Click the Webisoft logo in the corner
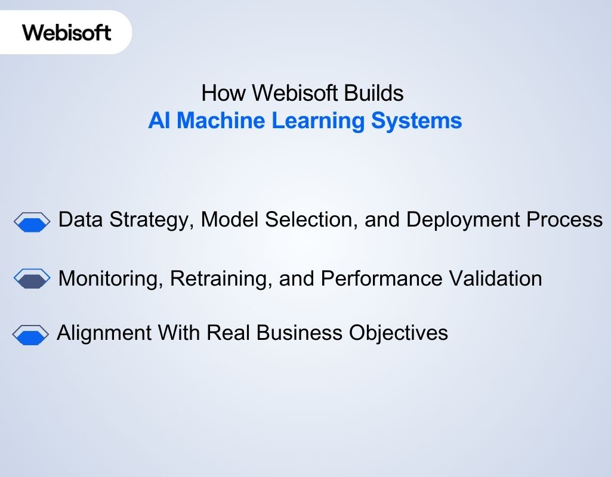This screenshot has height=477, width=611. (67, 32)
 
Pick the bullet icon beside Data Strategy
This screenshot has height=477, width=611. (32, 221)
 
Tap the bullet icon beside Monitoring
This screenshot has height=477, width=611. (32, 278)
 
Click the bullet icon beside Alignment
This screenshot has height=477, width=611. (30, 335)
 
